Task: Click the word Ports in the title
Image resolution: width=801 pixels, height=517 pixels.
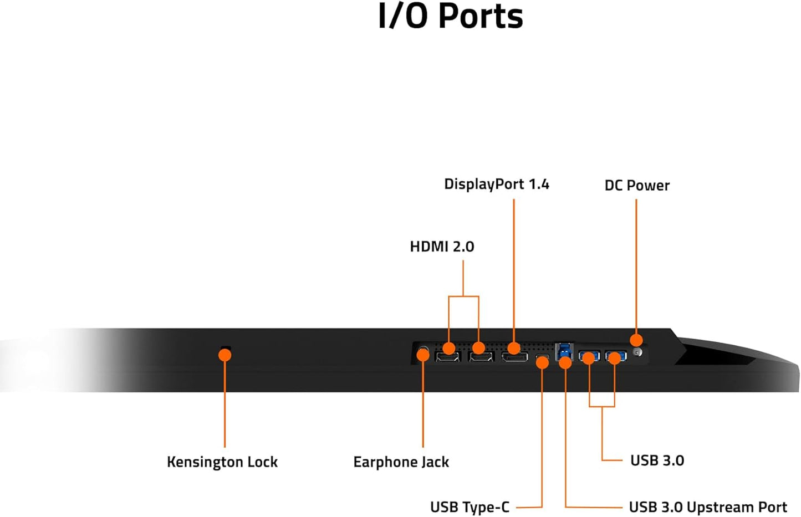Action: coord(480,16)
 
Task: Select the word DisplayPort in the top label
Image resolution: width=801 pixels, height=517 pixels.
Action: coord(483,184)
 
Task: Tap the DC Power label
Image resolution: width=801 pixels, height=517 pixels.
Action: coord(637,186)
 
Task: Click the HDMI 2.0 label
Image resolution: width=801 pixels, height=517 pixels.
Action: coord(442,247)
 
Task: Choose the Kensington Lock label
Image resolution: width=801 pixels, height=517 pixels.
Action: coord(222,462)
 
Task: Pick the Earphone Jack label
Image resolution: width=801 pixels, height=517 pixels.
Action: coord(401,462)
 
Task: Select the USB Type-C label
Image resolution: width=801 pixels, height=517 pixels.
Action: coord(470,507)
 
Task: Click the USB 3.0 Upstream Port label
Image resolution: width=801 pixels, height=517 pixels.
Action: coord(708,507)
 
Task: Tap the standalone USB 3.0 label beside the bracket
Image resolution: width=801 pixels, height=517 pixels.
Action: coord(657,460)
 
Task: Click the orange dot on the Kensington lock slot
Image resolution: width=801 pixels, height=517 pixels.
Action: coord(225,355)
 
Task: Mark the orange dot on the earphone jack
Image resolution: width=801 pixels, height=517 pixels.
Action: coord(423,355)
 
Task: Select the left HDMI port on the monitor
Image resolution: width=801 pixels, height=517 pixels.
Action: coord(448,356)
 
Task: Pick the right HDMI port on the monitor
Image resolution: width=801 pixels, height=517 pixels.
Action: coord(481,356)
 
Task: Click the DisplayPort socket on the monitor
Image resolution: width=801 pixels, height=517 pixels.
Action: coord(515,356)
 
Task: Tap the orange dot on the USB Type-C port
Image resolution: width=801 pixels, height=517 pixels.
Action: coord(543,362)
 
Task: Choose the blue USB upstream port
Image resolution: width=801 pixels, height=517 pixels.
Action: coord(564,351)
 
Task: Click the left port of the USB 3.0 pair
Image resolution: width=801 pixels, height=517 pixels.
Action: coord(589,355)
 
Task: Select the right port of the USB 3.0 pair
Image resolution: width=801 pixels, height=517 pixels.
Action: coord(615,355)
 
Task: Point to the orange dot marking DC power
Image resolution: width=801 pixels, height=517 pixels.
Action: coord(636,340)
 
